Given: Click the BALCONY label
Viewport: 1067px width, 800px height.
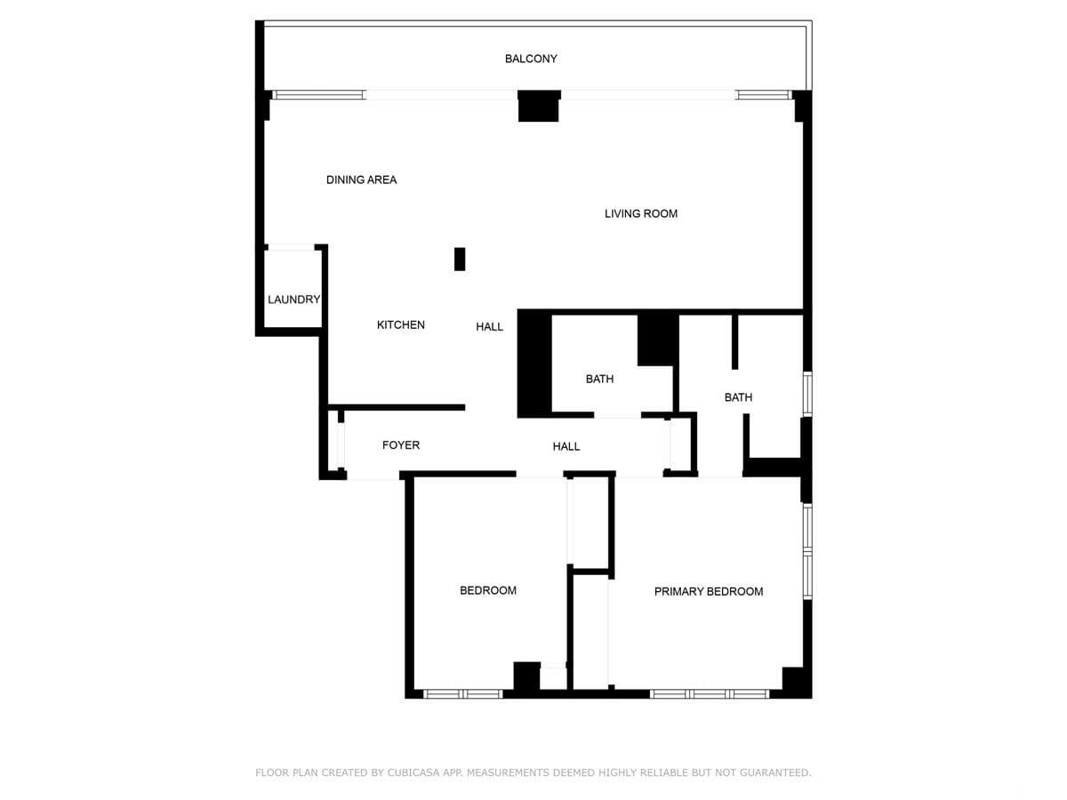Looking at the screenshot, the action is pos(530,59).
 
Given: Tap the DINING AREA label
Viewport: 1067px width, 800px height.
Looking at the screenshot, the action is pos(361,180).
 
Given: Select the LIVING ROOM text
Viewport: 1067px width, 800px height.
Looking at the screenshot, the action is pos(641,213).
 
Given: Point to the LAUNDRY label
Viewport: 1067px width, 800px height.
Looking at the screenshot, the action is pos(293,300).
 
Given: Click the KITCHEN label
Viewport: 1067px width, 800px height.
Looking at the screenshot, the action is pos(400,325).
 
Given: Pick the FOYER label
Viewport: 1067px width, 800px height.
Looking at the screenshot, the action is pos(400,445).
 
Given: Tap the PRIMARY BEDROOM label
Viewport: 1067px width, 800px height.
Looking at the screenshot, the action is pos(709,592).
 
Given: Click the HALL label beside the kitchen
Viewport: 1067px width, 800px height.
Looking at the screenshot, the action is pos(489,327).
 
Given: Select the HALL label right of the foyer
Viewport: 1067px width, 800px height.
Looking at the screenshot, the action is pos(566,446).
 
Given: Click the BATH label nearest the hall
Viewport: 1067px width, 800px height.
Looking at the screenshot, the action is pos(599,379).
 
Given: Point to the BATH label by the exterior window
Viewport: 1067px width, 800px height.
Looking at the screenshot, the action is pos(738,397).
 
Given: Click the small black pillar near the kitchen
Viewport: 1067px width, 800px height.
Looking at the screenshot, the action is pos(460,259).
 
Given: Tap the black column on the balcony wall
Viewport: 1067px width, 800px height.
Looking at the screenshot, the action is pos(539,106).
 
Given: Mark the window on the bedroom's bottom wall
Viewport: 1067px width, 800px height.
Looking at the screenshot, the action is pos(462,694).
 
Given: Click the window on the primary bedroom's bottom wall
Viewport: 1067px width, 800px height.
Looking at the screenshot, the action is pos(710,694).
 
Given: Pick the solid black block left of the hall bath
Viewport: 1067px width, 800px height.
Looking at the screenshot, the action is pos(534,364).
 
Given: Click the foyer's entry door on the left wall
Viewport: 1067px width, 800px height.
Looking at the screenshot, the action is pos(341,445).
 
